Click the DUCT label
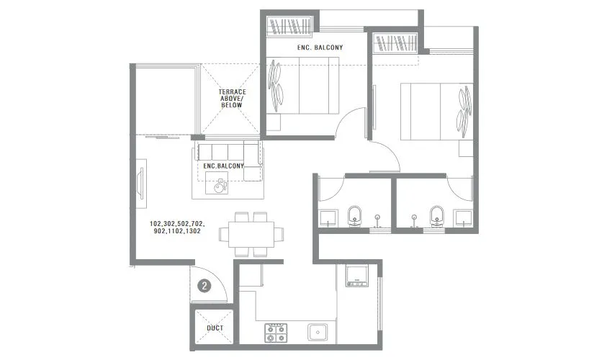tap(215, 328)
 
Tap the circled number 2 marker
tap(205, 286)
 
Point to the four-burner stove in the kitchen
tap(274, 331)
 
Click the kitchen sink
tap(318, 332)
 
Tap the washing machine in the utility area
tap(356, 276)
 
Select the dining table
tap(251, 234)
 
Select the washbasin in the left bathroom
tap(328, 218)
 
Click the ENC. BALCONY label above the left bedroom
tap(320, 48)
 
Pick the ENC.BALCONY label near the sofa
tap(224, 166)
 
